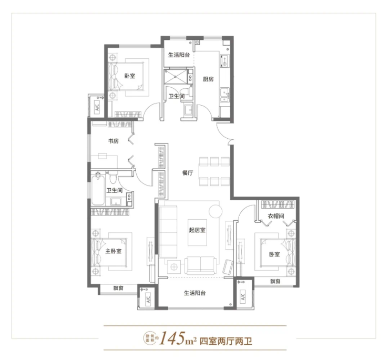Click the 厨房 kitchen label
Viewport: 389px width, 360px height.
click(208, 79)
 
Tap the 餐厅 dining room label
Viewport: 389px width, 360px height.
click(188, 173)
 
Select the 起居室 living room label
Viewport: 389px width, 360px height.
click(197, 230)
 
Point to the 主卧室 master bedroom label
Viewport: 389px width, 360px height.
click(114, 251)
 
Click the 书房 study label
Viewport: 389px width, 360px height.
click(113, 141)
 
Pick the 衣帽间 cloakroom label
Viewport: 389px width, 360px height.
click(275, 216)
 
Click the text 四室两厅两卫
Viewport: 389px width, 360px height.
click(226, 342)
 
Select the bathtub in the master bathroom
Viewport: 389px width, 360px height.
click(98, 188)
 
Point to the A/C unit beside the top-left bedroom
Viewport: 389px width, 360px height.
click(97, 107)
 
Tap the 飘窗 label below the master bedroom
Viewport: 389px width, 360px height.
click(118, 289)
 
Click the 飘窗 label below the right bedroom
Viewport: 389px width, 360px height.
click(275, 281)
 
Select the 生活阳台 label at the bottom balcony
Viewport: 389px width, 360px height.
click(194, 293)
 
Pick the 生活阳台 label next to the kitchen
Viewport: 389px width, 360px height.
click(179, 55)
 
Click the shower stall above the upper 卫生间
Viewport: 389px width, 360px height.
click(176, 77)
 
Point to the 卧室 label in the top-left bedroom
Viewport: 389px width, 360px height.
click(130, 76)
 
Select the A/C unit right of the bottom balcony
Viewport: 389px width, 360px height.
click(243, 296)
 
